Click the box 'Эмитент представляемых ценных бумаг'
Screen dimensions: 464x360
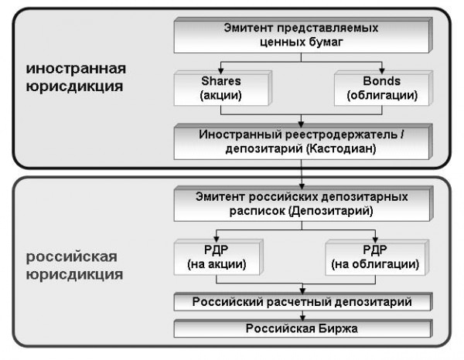[303, 36]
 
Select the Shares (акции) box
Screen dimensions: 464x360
[223, 88]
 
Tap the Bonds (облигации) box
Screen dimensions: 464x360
[384, 88]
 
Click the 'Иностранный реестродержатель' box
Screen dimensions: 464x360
[303, 141]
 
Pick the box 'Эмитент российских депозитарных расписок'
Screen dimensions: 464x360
[304, 204]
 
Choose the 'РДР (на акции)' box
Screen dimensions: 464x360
[218, 257]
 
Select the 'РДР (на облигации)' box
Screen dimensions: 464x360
[377, 257]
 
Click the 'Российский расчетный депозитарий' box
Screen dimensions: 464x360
[303, 302]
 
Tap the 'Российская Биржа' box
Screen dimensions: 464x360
[303, 328]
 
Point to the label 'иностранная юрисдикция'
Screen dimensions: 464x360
[76, 77]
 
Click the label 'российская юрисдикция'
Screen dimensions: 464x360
[74, 266]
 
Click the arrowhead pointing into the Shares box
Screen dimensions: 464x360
[220, 71]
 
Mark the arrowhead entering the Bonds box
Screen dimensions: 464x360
[382, 71]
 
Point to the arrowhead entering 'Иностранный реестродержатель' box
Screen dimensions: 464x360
[302, 124]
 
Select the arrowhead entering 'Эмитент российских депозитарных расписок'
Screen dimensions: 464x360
[302, 186]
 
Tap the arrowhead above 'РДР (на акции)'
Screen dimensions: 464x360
[217, 239]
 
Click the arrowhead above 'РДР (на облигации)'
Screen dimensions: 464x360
[375, 239]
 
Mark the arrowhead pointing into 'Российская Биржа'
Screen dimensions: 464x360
[302, 318]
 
